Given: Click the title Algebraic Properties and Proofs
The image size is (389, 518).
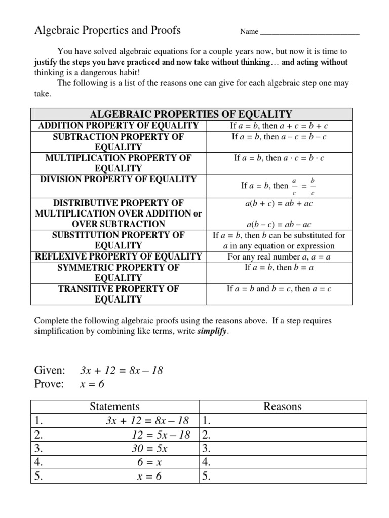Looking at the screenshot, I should pos(107,30).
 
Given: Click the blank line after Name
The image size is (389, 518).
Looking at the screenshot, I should pos(309,32).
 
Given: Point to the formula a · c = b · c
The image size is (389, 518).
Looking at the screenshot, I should pos(301,158).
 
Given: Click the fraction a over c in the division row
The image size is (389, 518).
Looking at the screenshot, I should pos(294,186).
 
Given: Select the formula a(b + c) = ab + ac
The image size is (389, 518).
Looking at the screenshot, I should pos(279,203).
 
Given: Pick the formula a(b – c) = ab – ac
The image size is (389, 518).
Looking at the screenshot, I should pos(279,224).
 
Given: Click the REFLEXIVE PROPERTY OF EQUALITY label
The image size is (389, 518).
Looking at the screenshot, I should pos(119,256).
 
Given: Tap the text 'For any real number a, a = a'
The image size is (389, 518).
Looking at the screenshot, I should pos(279,256).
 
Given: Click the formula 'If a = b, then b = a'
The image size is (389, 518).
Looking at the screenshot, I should pos(279,267).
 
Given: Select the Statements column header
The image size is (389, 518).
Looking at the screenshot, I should pos(114,406).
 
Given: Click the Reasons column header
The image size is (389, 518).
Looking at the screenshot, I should pos(282,406).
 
